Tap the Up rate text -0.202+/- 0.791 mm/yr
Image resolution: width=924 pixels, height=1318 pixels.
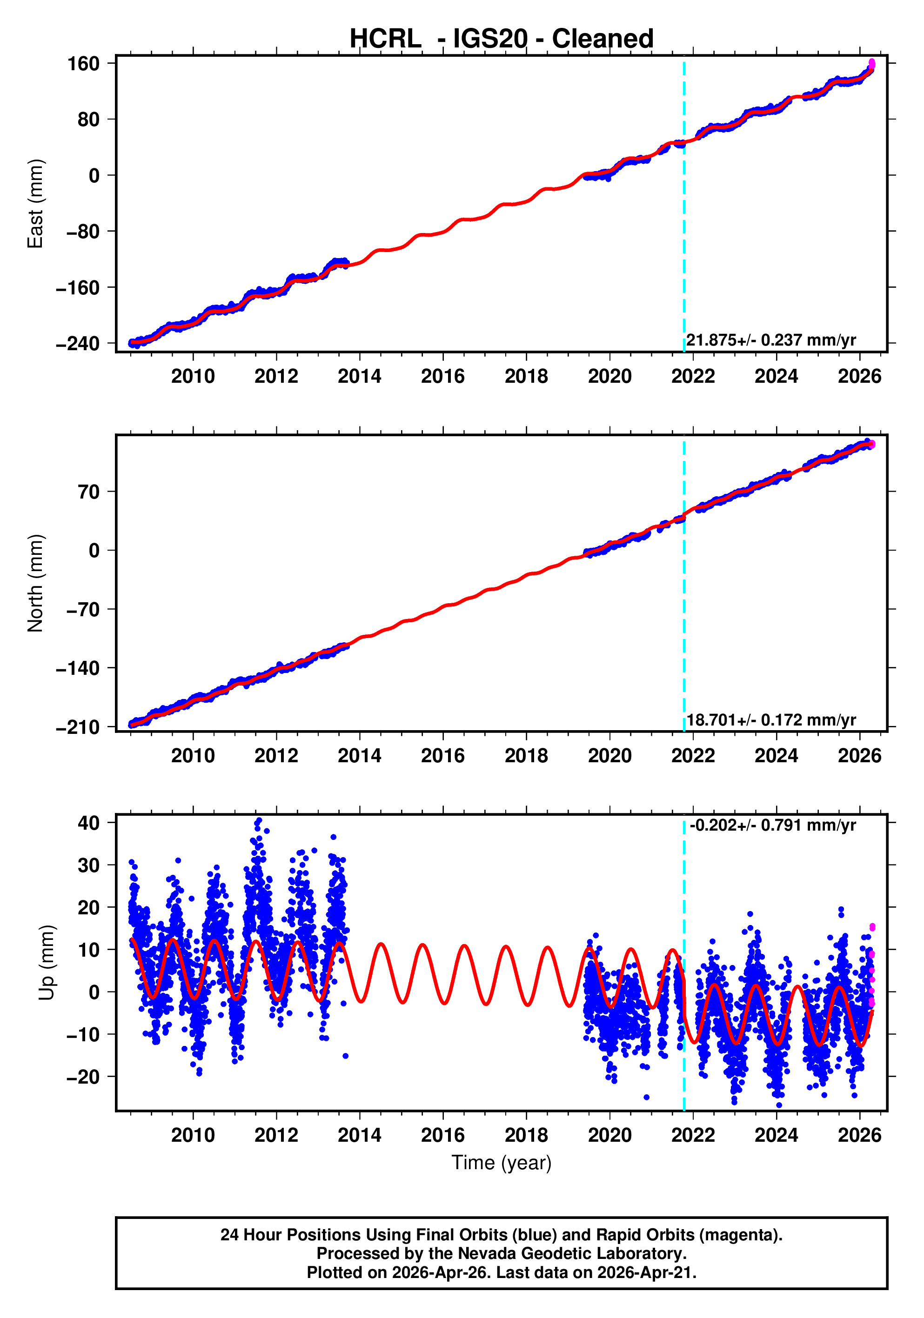772,825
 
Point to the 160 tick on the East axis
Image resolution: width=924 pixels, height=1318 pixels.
84,63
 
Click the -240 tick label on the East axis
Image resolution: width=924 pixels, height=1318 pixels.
78,343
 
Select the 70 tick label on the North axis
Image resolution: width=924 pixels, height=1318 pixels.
89,492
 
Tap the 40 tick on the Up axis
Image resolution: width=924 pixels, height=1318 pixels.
89,823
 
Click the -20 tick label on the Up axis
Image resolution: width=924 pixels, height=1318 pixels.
83,1077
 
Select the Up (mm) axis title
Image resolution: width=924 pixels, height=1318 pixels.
47,963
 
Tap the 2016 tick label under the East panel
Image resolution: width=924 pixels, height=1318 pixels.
443,377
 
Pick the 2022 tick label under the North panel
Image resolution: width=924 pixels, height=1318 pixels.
693,756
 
